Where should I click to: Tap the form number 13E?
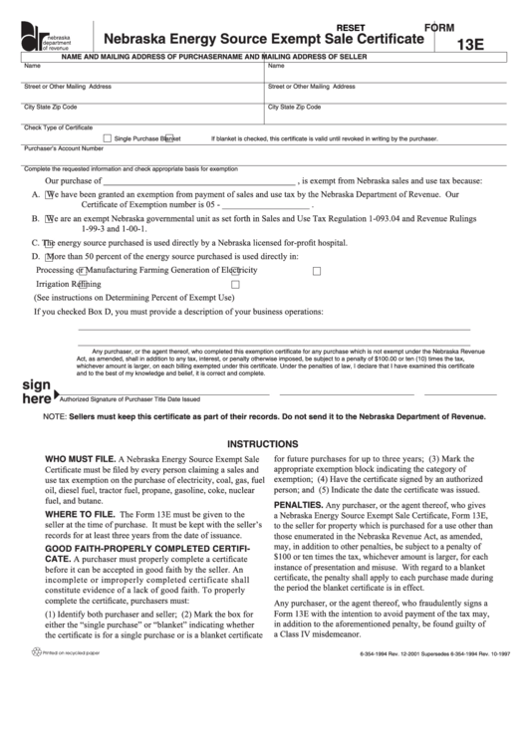(x=472, y=45)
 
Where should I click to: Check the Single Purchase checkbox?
(x=108, y=138)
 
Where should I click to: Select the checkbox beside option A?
(x=49, y=195)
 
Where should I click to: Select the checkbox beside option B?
(x=49, y=218)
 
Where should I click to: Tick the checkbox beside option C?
(x=48, y=242)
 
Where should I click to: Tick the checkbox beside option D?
(x=49, y=256)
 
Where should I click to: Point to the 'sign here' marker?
(x=36, y=391)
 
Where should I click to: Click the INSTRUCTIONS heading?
(x=263, y=443)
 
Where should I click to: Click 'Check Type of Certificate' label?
(x=58, y=126)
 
